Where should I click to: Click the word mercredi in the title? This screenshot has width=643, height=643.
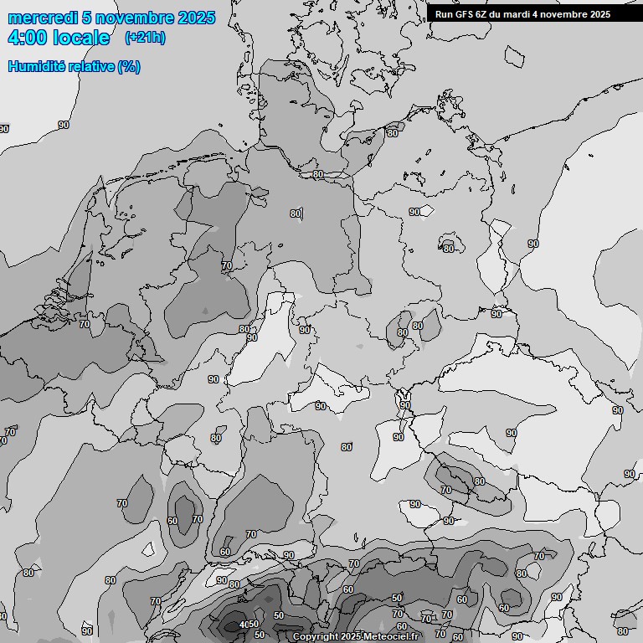click(42, 18)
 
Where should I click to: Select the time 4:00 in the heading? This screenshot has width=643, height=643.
click(27, 38)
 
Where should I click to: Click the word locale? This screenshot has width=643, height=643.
click(81, 38)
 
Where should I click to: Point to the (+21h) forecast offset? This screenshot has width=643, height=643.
click(145, 38)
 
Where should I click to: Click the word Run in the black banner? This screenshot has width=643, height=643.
click(444, 14)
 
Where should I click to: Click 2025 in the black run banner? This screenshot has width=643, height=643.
click(599, 14)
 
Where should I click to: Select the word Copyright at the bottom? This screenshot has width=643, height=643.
click(316, 637)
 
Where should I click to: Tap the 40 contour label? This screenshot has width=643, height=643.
click(244, 625)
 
